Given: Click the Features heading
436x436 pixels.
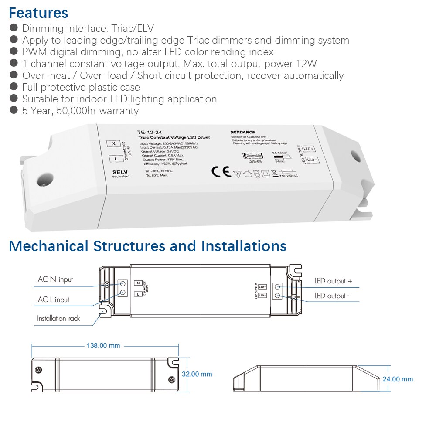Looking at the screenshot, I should point(38,13).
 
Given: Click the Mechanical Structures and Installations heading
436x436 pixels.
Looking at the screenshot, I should point(147,246).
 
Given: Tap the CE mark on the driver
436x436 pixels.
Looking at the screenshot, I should point(221,171).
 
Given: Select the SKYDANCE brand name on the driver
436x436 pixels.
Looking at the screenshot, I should point(243,132).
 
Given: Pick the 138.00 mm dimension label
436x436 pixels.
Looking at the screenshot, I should point(102,346).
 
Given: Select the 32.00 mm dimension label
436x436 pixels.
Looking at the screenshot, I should point(198,374).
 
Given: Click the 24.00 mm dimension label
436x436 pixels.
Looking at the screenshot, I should point(398,379).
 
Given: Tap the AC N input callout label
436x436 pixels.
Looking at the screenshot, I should point(55,279).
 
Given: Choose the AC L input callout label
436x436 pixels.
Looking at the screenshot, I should point(54,300).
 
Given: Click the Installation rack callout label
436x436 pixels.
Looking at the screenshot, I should point(58,318).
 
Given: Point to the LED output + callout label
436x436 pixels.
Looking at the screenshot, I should point(333,281).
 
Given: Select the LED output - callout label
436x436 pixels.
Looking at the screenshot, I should point(332,296).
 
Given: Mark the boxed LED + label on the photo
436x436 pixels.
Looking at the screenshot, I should point(309,149).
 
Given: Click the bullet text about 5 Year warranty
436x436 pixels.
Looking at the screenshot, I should point(80,111).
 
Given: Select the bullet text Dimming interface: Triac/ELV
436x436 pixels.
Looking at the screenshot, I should point(88,28).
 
